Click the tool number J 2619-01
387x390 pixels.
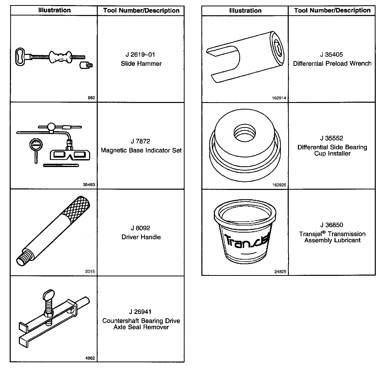[x=140, y=55]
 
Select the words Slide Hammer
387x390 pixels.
[x=141, y=64]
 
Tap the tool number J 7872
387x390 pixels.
[x=140, y=141]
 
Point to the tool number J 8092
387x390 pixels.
[x=140, y=228]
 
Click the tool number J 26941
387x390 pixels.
[x=140, y=312]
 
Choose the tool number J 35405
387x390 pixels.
[x=331, y=55]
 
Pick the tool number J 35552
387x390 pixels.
[x=331, y=138]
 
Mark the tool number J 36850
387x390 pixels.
[x=331, y=225]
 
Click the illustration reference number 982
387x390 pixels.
[x=91, y=98]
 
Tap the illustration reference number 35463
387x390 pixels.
[x=89, y=185]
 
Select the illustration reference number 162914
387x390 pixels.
[x=279, y=98]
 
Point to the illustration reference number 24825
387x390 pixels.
[x=280, y=272]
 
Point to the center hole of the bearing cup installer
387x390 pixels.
[x=245, y=133]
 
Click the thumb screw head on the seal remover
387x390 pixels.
[x=48, y=295]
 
